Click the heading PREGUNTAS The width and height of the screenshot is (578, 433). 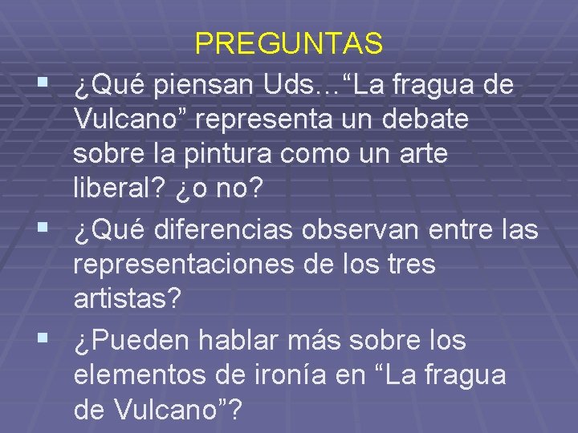point(289,44)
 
